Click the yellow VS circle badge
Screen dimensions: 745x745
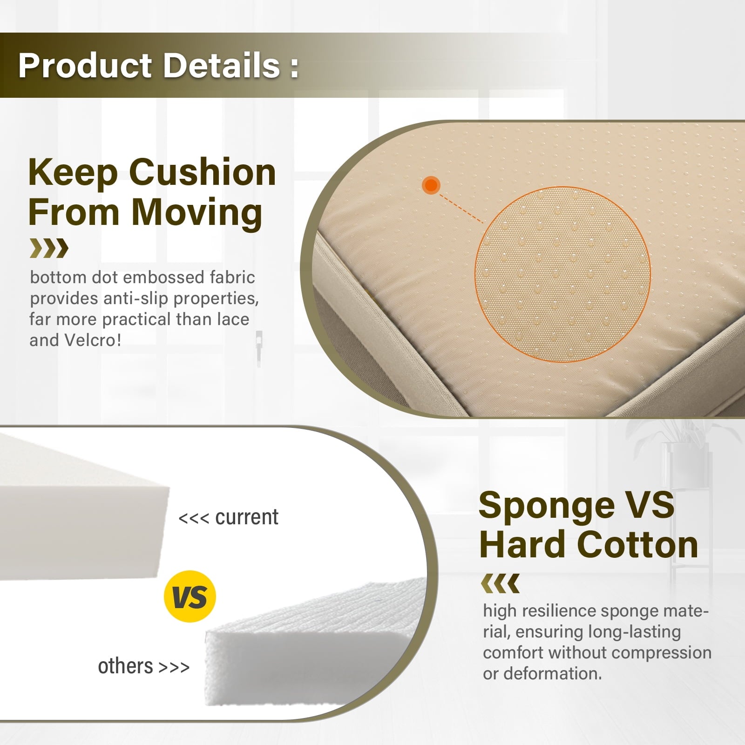click(190, 596)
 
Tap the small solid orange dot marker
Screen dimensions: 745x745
click(431, 185)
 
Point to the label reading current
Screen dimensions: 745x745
click(247, 517)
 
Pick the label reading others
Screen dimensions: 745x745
click(125, 666)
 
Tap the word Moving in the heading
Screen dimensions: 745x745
click(197, 213)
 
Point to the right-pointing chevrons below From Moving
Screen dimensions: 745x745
click(49, 248)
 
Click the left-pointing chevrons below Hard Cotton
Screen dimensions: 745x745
click(500, 583)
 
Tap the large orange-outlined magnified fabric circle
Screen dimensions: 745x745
click(562, 274)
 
